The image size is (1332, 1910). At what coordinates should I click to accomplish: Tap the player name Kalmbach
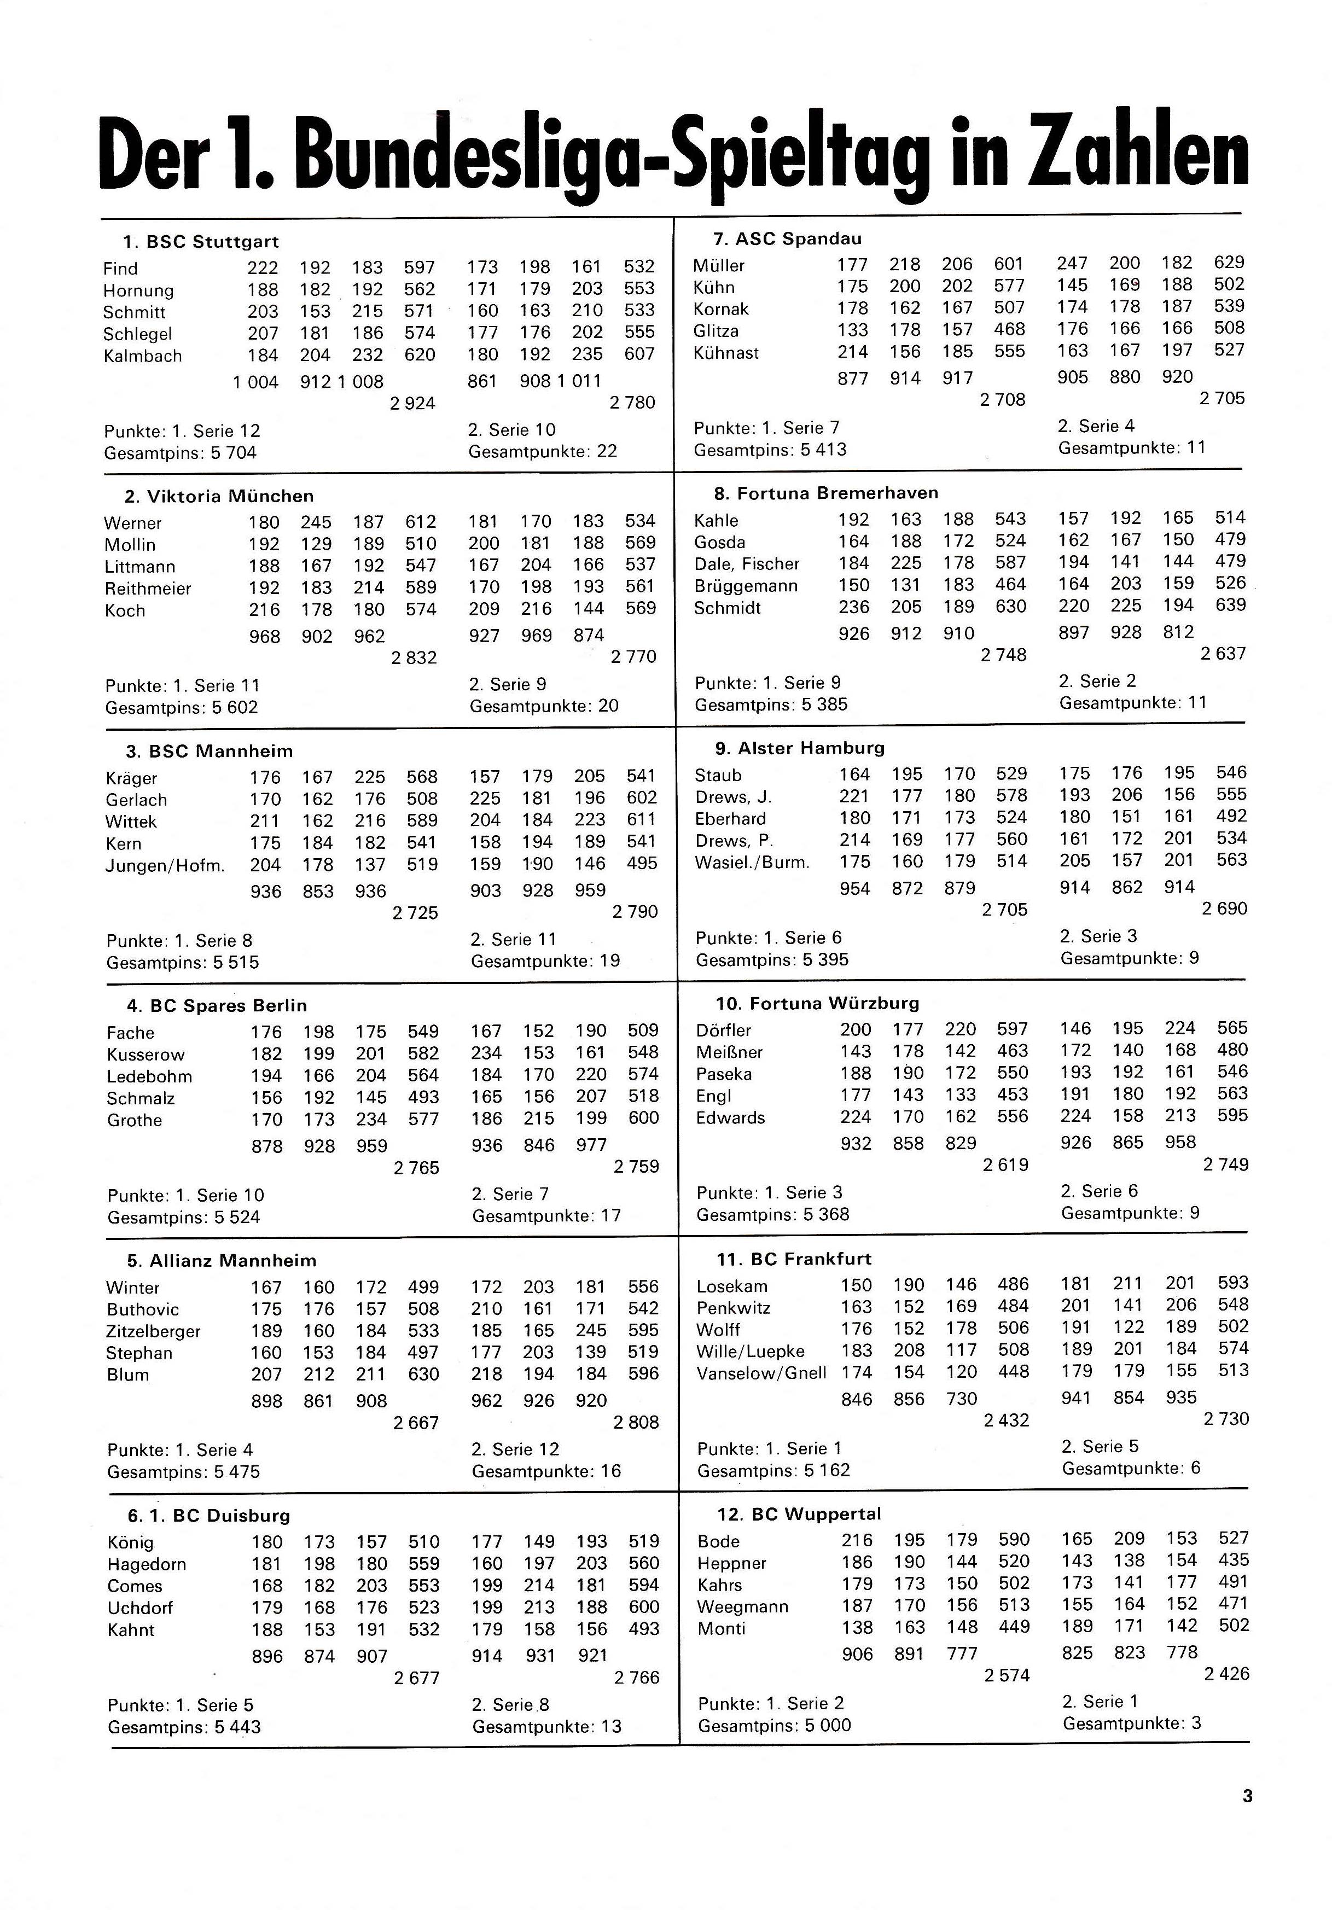tap(142, 356)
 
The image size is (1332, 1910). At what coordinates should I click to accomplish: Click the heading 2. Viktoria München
tap(219, 497)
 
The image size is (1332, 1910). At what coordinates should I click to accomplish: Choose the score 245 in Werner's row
tap(316, 522)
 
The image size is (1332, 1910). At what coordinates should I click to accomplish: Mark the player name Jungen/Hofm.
tap(165, 866)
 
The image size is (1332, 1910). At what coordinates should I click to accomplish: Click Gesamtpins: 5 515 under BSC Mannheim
tap(182, 963)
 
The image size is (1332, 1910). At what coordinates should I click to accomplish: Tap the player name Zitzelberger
tap(153, 1331)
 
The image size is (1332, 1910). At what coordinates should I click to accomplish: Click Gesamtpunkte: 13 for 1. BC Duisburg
tap(546, 1726)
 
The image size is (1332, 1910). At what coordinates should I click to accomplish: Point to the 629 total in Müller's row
tap(1229, 263)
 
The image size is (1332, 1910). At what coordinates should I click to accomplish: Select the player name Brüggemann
tap(746, 586)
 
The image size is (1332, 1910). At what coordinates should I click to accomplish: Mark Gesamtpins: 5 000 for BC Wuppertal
tap(773, 1725)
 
